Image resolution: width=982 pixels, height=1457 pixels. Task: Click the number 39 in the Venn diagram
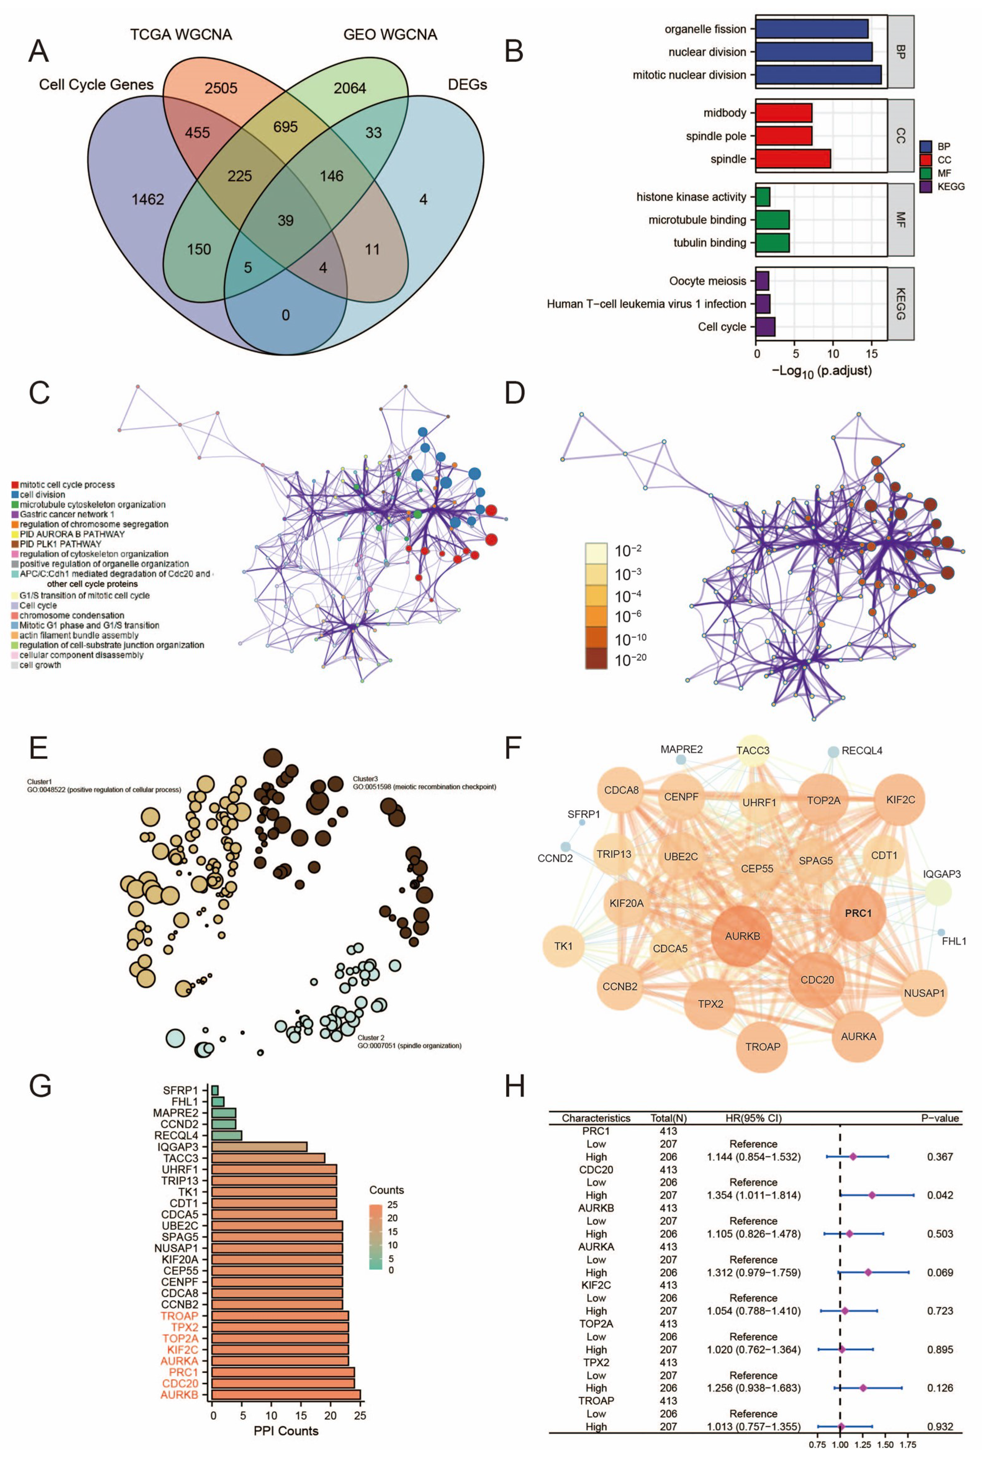(x=286, y=220)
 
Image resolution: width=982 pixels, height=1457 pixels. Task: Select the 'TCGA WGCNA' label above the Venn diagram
(x=181, y=34)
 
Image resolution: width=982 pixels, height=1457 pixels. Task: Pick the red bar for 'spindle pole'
(x=783, y=136)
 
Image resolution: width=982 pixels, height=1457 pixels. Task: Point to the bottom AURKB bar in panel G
(x=286, y=1394)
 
